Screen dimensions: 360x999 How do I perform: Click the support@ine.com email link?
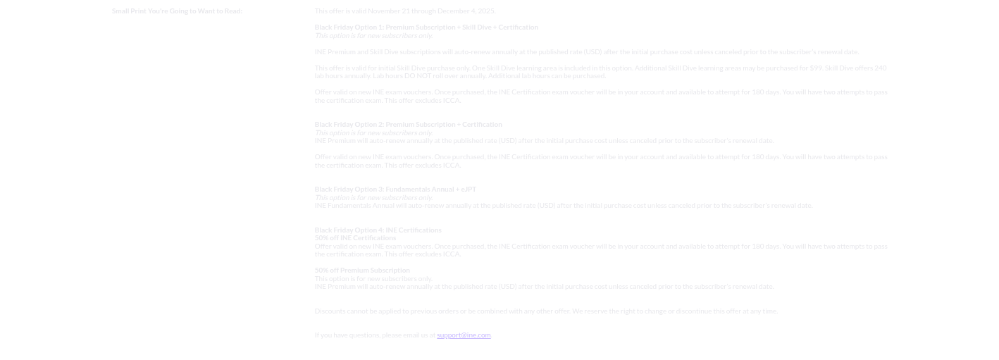pyautogui.click(x=464, y=335)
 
